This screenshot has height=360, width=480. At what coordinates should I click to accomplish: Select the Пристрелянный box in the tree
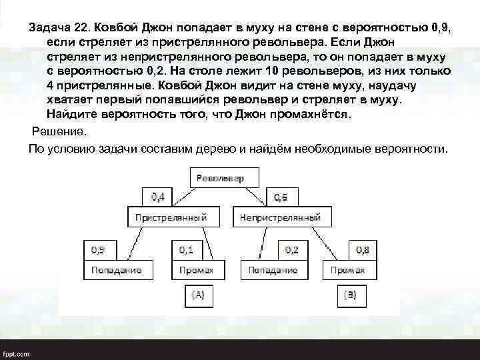(171, 217)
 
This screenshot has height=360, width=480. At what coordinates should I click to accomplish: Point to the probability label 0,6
(281, 197)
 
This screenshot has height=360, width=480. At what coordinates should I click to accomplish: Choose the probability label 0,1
(187, 249)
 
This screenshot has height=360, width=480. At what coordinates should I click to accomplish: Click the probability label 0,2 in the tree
(292, 249)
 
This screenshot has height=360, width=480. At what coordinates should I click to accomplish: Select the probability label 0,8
(363, 249)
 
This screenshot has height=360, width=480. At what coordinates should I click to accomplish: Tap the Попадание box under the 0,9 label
(117, 270)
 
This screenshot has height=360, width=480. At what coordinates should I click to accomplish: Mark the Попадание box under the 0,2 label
(273, 270)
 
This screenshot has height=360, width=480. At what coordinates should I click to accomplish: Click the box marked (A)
(199, 293)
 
